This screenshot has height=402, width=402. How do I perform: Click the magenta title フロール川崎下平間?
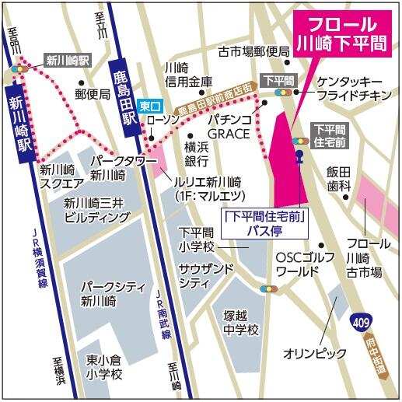point(343,32)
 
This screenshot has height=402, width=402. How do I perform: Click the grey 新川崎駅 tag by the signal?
point(68,59)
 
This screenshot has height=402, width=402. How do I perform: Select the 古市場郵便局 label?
point(253,51)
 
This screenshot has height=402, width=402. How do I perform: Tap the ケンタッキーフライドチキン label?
point(349,89)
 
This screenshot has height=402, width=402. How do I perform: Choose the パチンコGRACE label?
point(229,127)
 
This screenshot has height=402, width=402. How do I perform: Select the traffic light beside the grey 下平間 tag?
point(280,93)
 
